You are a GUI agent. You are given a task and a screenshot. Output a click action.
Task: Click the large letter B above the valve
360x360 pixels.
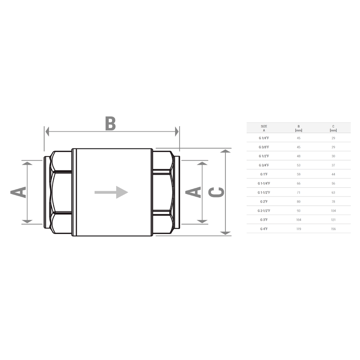[x=110, y=123]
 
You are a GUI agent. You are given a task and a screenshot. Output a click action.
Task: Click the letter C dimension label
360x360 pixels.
[x=217, y=192]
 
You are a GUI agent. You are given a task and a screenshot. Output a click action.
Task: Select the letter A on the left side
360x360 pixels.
[x=18, y=192]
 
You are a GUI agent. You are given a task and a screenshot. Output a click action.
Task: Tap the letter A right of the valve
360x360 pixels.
[x=193, y=192]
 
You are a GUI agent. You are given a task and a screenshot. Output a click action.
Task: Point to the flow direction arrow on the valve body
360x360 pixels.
[x=111, y=192]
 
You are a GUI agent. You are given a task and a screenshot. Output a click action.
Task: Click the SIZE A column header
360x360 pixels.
[x=264, y=128]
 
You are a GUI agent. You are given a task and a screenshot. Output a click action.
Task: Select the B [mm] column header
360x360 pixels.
[x=299, y=128]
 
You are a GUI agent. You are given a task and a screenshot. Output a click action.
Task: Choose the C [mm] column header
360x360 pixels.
[x=333, y=128]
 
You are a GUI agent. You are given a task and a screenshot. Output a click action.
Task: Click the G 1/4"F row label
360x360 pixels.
[x=264, y=138]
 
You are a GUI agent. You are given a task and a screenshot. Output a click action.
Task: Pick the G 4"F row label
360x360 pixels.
[x=264, y=229]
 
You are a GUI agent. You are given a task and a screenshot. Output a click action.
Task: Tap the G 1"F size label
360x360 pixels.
[x=264, y=174]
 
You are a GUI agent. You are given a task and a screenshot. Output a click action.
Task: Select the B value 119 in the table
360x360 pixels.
[x=299, y=229]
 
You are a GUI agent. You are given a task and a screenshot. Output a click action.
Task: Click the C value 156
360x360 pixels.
[x=333, y=229]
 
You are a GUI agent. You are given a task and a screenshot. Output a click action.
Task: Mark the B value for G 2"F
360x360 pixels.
[x=299, y=202]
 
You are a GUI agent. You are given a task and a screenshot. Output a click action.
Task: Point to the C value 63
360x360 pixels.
[x=333, y=193]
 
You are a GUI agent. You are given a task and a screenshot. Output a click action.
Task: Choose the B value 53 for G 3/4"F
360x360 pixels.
[x=299, y=165]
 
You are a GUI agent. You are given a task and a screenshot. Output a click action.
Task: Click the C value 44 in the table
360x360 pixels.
[x=333, y=174]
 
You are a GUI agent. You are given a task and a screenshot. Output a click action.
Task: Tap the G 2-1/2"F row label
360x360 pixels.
[x=264, y=211]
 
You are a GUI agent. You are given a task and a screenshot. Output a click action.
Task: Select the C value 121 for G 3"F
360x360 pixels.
[x=333, y=220]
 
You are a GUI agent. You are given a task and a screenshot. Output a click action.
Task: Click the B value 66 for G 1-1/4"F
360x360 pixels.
[x=299, y=184]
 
